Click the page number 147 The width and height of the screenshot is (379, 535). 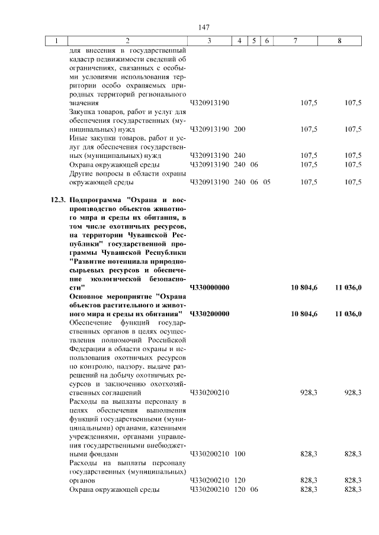point(205,27)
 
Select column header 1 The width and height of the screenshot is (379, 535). point(57,41)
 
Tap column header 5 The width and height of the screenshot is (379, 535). point(253,41)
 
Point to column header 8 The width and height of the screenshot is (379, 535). point(339,41)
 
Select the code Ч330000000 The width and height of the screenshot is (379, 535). point(210,287)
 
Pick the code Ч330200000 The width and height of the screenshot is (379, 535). point(210,313)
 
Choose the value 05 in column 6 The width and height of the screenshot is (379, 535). point(266,182)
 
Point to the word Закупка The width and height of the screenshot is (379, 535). point(83,111)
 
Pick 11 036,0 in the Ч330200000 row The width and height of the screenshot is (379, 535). point(348,313)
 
